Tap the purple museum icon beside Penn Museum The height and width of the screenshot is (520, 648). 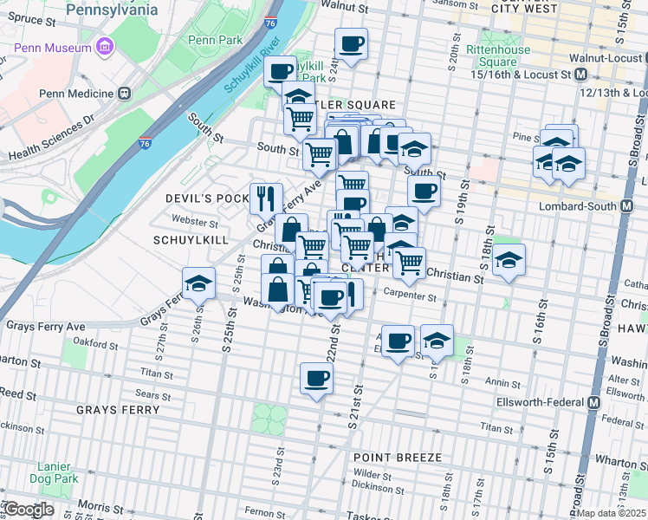click(106, 45)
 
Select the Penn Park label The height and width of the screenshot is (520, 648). click(215, 40)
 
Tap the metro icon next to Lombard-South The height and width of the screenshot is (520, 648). click(638, 205)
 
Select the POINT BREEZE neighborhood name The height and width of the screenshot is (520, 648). click(397, 457)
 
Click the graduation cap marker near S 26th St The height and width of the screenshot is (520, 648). click(199, 283)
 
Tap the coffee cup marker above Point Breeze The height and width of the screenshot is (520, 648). click(316, 378)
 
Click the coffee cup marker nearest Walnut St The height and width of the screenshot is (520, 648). click(351, 44)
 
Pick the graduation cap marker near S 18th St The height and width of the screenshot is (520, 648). click(509, 260)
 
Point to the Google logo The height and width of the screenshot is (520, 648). click(28, 510)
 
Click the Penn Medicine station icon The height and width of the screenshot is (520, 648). click(125, 93)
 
